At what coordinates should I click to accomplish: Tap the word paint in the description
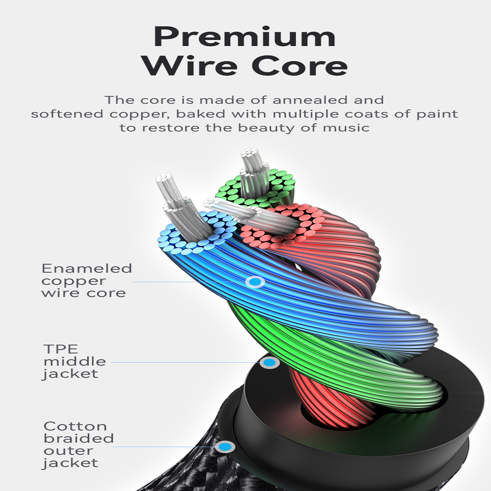tap(437, 114)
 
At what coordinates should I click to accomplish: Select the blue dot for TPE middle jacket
tap(269, 362)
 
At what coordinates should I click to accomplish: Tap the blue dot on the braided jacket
tap(224, 447)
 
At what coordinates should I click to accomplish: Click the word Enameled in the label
tap(87, 268)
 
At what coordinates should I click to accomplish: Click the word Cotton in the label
tap(75, 426)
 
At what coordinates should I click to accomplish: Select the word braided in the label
tap(79, 438)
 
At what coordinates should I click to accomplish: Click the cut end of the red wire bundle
tap(282, 227)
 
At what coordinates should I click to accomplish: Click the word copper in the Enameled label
tap(73, 281)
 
